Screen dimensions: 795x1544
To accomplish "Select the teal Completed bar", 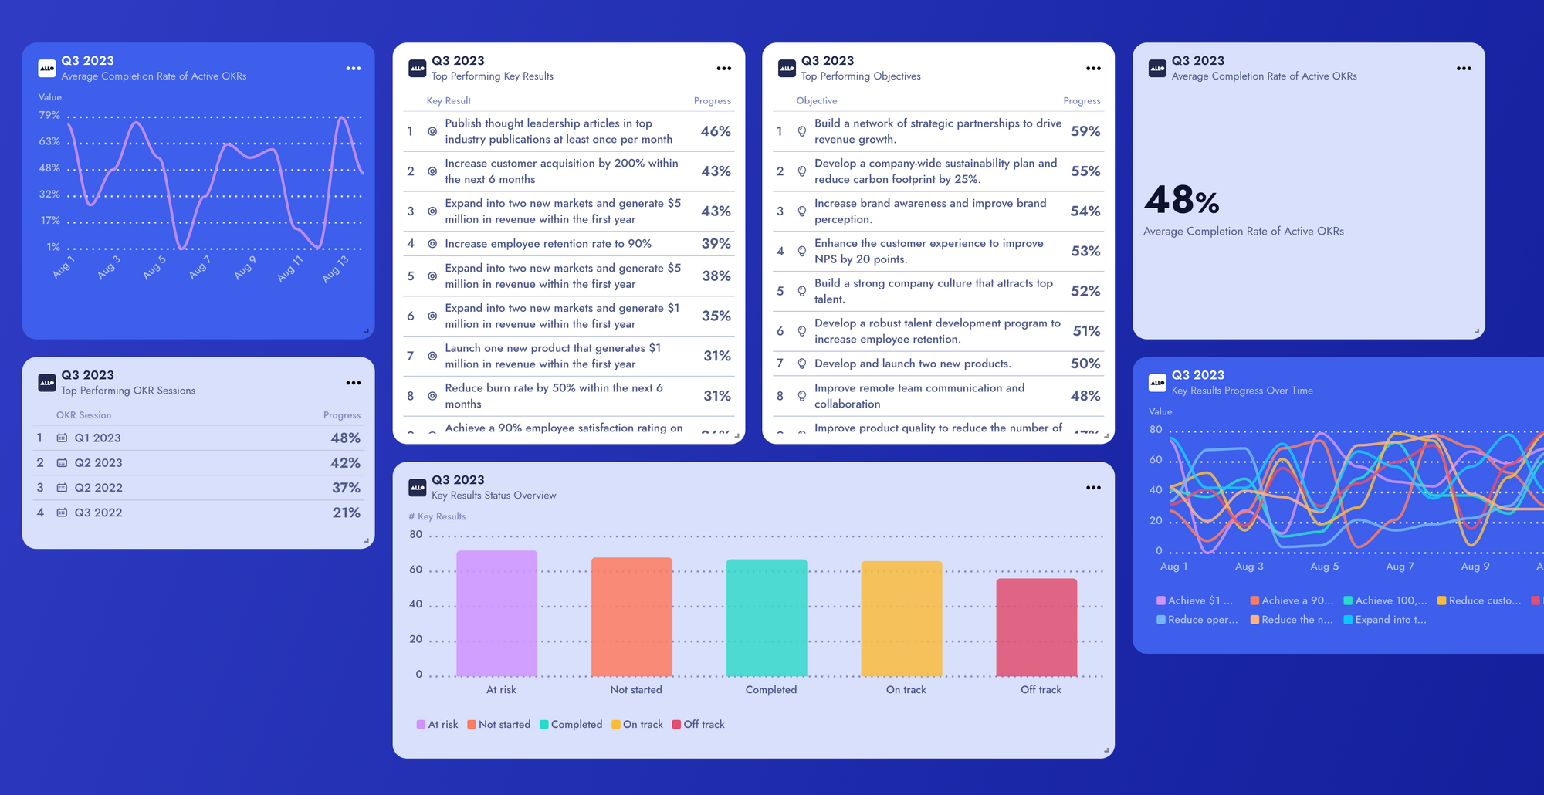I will (767, 617).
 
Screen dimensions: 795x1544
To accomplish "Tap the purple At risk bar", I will (496, 613).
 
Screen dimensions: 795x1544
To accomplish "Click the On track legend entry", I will (642, 725).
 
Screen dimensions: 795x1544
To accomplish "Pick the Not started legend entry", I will (503, 725).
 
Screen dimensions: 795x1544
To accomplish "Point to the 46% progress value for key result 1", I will (716, 131).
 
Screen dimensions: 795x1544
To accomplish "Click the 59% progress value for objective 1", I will (1085, 131).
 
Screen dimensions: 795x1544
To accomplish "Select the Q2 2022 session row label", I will (98, 488).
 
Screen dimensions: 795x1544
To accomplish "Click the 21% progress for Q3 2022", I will (346, 513).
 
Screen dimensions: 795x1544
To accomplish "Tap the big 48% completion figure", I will (1182, 201).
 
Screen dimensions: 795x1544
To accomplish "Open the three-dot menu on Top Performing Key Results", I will (723, 69).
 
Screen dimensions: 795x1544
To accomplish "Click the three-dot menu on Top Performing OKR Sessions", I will (354, 383).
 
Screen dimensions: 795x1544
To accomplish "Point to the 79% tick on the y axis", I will (49, 115).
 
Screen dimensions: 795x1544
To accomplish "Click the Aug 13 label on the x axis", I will (335, 268).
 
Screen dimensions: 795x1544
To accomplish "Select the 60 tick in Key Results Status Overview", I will (416, 570).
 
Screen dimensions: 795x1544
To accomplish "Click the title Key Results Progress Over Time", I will (1241, 391).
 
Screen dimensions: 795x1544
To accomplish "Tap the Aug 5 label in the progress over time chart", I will (1324, 567).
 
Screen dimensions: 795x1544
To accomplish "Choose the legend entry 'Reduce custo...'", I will (1484, 600).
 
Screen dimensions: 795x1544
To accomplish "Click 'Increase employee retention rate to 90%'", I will (548, 244).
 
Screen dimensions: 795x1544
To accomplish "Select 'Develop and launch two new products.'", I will (913, 364).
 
